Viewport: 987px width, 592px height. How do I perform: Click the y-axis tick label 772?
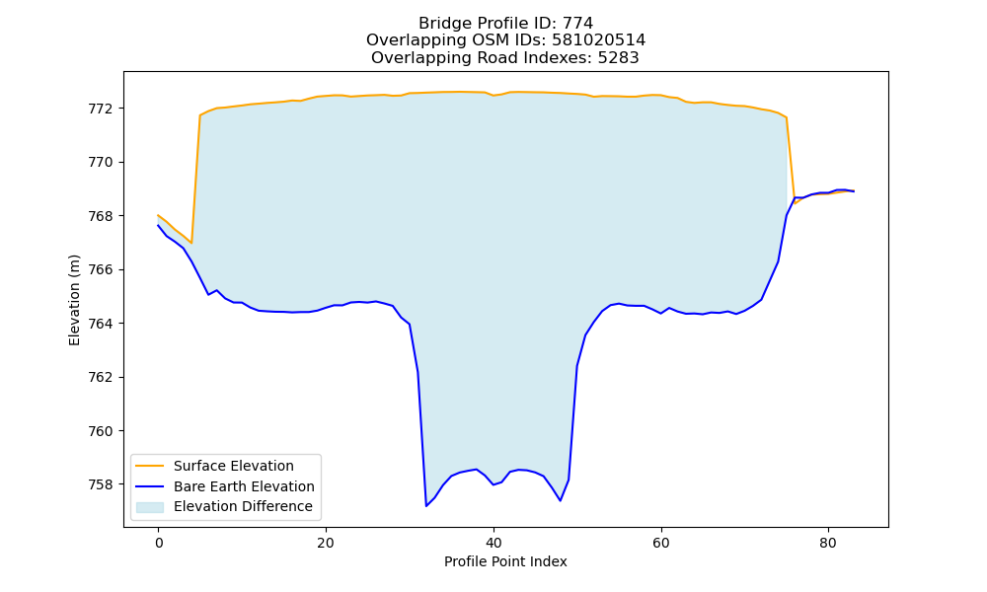coord(100,109)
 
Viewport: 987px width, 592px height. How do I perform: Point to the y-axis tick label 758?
coord(100,485)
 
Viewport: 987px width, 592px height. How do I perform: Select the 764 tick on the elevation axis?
coord(100,324)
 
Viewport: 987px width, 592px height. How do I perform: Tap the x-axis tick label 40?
coord(493,543)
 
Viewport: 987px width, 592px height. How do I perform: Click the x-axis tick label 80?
coord(828,543)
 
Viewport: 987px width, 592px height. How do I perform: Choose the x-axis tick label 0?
coord(159,543)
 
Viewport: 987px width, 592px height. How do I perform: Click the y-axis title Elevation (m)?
coord(74,300)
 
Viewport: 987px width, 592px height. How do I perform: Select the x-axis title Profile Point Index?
coord(505,561)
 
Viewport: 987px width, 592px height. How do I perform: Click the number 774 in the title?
coord(577,24)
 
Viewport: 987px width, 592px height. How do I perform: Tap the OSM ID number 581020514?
coord(599,40)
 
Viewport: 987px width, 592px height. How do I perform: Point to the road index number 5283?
coord(618,58)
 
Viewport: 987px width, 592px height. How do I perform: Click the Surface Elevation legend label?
coord(234,466)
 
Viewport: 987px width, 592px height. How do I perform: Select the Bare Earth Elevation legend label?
coord(244,486)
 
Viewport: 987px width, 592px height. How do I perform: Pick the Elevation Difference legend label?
coord(243,506)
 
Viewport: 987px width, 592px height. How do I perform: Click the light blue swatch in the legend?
coord(150,507)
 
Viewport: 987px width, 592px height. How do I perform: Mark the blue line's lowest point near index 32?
coord(426,506)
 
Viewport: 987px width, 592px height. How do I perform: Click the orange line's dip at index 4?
coord(191,243)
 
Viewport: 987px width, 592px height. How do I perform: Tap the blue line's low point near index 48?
coord(561,501)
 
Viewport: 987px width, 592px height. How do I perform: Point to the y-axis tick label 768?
coord(100,216)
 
